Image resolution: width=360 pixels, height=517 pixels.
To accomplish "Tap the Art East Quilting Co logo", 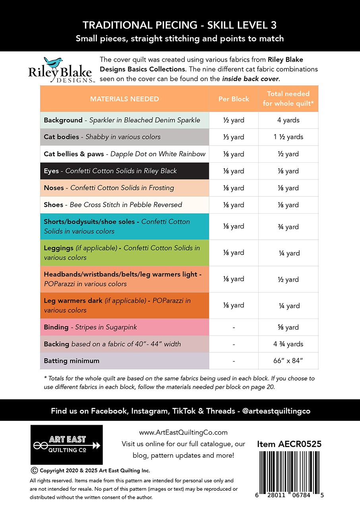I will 66,445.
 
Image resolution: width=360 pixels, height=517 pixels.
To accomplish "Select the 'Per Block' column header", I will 234,99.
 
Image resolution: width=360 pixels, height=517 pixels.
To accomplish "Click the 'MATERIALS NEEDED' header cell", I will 124,99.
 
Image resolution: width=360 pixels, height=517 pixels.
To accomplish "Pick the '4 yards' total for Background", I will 288,120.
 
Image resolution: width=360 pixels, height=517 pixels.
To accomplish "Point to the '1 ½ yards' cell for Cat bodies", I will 288,137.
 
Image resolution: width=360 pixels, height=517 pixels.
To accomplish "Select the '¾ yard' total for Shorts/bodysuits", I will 288,227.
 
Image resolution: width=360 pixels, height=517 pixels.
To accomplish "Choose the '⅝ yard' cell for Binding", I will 288,327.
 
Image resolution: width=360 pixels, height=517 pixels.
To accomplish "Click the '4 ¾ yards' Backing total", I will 288,344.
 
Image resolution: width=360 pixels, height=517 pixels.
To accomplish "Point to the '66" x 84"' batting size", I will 288,361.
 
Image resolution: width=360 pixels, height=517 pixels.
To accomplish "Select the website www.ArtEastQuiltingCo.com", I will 183,432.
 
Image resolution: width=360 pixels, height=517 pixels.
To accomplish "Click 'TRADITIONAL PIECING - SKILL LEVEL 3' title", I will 180,25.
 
